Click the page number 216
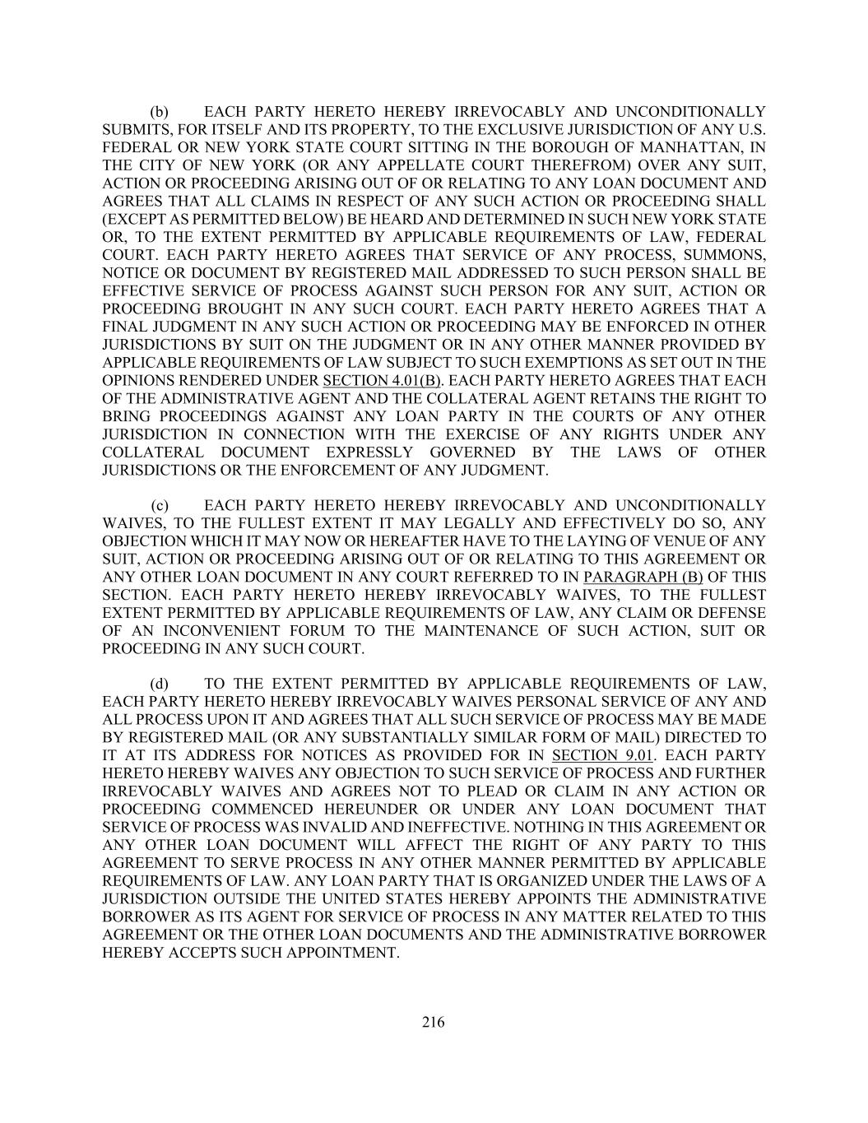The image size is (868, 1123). pyautogui.click(x=434, y=1023)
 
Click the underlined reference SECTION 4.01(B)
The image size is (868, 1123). pyautogui.click(x=383, y=381)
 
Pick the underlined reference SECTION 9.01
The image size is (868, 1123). pyautogui.click(x=603, y=756)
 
